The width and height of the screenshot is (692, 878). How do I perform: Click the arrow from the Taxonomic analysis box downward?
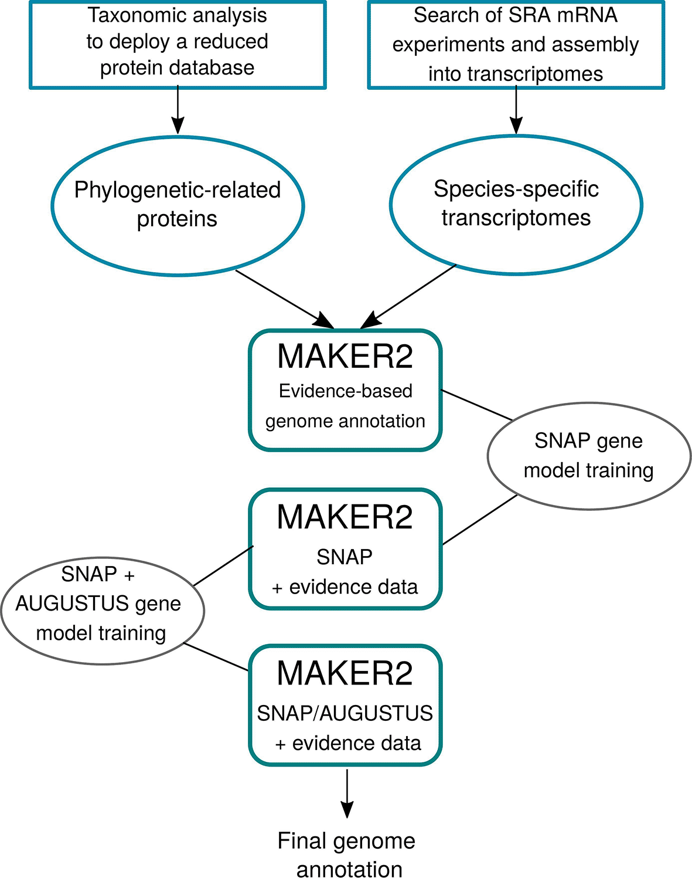178,109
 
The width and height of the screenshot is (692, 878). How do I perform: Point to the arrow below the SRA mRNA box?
516,109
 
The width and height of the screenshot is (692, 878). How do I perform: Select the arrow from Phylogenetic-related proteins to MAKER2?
284,299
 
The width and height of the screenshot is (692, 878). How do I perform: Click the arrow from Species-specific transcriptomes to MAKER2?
408,296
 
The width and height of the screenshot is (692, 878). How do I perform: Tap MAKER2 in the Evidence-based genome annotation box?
345,357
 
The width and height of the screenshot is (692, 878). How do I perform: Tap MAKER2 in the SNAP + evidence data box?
345,517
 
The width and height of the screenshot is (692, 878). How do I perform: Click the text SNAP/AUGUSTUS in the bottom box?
345,713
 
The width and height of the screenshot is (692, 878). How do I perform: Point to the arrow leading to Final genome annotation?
347,794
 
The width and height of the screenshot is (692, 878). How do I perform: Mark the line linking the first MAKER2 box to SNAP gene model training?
476,405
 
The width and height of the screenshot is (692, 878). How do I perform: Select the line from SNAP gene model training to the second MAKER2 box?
480,520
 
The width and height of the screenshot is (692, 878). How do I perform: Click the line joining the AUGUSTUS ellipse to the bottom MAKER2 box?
216,657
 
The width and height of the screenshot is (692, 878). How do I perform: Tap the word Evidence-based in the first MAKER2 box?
346,391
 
